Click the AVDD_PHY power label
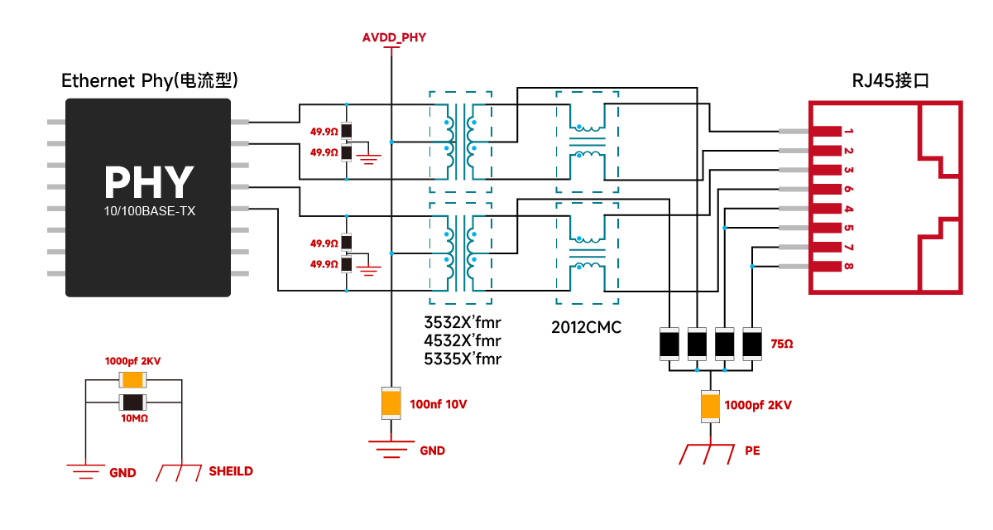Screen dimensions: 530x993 (x=393, y=37)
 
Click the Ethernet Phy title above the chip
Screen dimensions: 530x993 (x=150, y=80)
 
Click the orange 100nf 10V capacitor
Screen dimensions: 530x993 (x=391, y=402)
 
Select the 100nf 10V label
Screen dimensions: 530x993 (x=438, y=405)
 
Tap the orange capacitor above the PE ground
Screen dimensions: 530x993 (x=710, y=406)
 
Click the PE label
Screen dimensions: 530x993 (x=752, y=451)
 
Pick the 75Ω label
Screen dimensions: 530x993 (x=781, y=343)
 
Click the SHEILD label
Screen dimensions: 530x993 (x=231, y=471)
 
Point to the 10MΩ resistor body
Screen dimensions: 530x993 (x=133, y=402)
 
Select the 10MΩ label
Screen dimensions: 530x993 (x=133, y=419)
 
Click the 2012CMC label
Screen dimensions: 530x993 (x=586, y=328)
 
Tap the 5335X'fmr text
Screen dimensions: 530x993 (x=463, y=359)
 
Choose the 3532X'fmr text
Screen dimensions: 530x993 (x=463, y=321)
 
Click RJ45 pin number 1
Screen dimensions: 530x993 (x=849, y=132)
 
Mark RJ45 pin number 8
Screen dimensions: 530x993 (x=849, y=266)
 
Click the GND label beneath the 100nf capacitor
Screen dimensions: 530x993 (x=432, y=450)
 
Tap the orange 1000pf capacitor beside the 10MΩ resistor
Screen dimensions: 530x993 (x=133, y=380)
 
